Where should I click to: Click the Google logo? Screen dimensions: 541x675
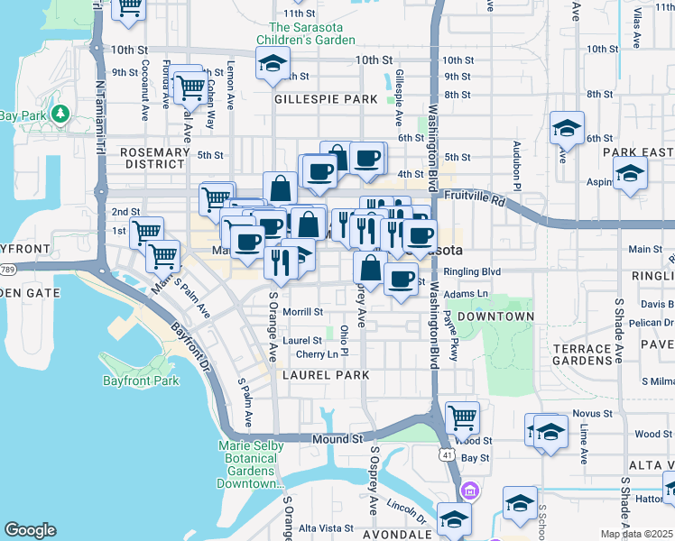(30, 530)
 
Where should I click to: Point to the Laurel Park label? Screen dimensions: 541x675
(325, 374)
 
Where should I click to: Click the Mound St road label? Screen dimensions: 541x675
(337, 439)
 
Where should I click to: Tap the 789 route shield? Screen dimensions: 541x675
(7, 268)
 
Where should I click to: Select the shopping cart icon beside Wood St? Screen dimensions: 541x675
(462, 417)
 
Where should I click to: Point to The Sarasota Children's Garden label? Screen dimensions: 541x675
(305, 34)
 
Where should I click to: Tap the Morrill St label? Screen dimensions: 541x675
(302, 312)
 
